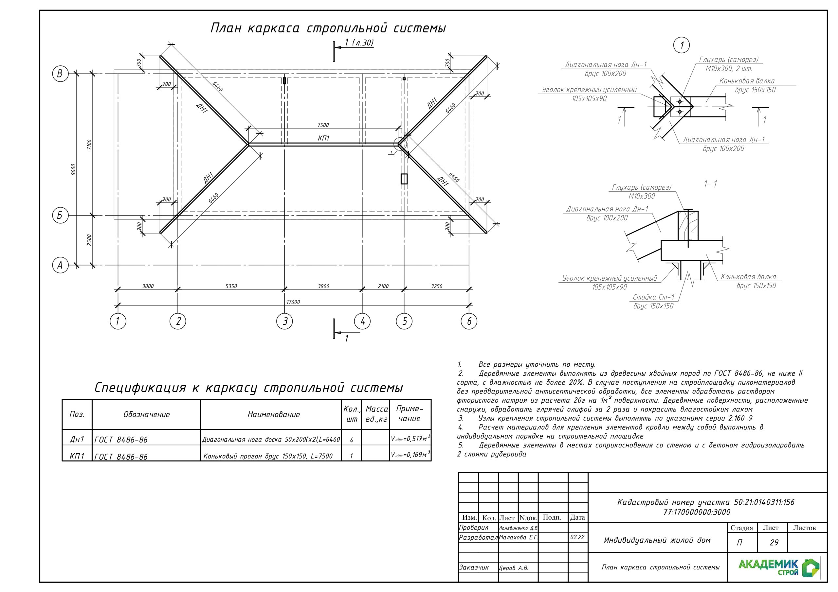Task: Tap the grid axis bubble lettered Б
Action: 60,215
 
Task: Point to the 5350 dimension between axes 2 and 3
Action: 231,286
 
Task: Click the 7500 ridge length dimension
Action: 323,125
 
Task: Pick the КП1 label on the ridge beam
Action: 323,138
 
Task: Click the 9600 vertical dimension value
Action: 73,170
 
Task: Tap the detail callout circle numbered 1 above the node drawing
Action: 681,45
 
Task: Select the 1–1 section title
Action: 710,184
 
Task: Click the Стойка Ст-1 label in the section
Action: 653,297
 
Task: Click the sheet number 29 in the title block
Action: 774,543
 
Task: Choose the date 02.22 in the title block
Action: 577,537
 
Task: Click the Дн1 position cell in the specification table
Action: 77,439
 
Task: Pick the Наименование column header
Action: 273,414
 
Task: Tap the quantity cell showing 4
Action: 351,440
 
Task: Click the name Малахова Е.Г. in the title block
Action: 518,537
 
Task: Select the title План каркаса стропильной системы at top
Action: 328,28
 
